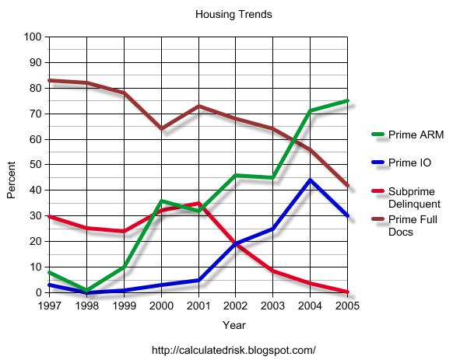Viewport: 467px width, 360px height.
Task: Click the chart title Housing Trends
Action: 233,14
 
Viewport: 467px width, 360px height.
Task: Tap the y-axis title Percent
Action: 12,180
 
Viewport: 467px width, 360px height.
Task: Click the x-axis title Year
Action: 233,324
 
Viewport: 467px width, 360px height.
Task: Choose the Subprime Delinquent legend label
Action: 413,197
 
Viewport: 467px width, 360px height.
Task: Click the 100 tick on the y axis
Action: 33,37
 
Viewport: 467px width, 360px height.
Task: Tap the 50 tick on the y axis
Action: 36,165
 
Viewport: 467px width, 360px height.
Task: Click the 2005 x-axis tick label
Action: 346,306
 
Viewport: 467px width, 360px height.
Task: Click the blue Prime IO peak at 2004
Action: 310,180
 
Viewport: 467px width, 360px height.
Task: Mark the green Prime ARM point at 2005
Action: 347,101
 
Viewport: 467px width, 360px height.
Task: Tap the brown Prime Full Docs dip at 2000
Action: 160,128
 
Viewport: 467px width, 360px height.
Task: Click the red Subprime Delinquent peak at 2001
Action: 198,203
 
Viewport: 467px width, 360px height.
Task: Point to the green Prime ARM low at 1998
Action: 86,291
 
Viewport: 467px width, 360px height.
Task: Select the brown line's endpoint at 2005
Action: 347,186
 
